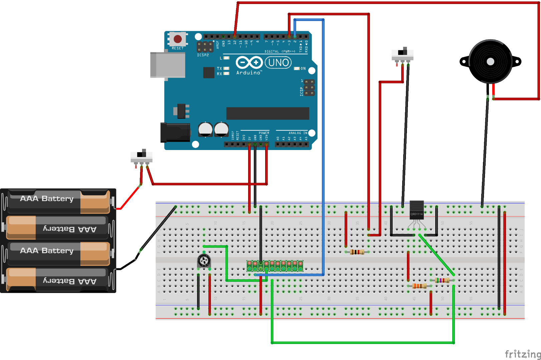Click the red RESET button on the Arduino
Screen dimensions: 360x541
(177, 39)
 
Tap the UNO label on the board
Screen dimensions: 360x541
(279, 62)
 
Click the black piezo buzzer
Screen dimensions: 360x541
(490, 62)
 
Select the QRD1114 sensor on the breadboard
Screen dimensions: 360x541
(416, 210)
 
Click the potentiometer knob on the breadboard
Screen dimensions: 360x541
(204, 261)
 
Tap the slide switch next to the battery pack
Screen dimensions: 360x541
(141, 156)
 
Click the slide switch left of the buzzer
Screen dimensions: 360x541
(403, 54)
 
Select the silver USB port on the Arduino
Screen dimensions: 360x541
(167, 65)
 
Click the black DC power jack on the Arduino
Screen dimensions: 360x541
(175, 132)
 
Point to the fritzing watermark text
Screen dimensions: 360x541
(523, 354)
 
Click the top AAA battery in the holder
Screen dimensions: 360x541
(58, 201)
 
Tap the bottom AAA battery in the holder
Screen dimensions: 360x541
(58, 280)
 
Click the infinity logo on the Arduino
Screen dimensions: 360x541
(249, 62)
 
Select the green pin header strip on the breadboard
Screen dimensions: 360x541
(275, 266)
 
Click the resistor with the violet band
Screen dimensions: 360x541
(442, 280)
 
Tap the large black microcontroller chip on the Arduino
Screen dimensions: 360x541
(267, 113)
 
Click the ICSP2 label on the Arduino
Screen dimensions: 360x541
(203, 55)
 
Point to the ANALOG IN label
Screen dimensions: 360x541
(298, 133)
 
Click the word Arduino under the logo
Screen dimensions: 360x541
(248, 73)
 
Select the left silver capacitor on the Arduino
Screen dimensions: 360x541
(205, 130)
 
